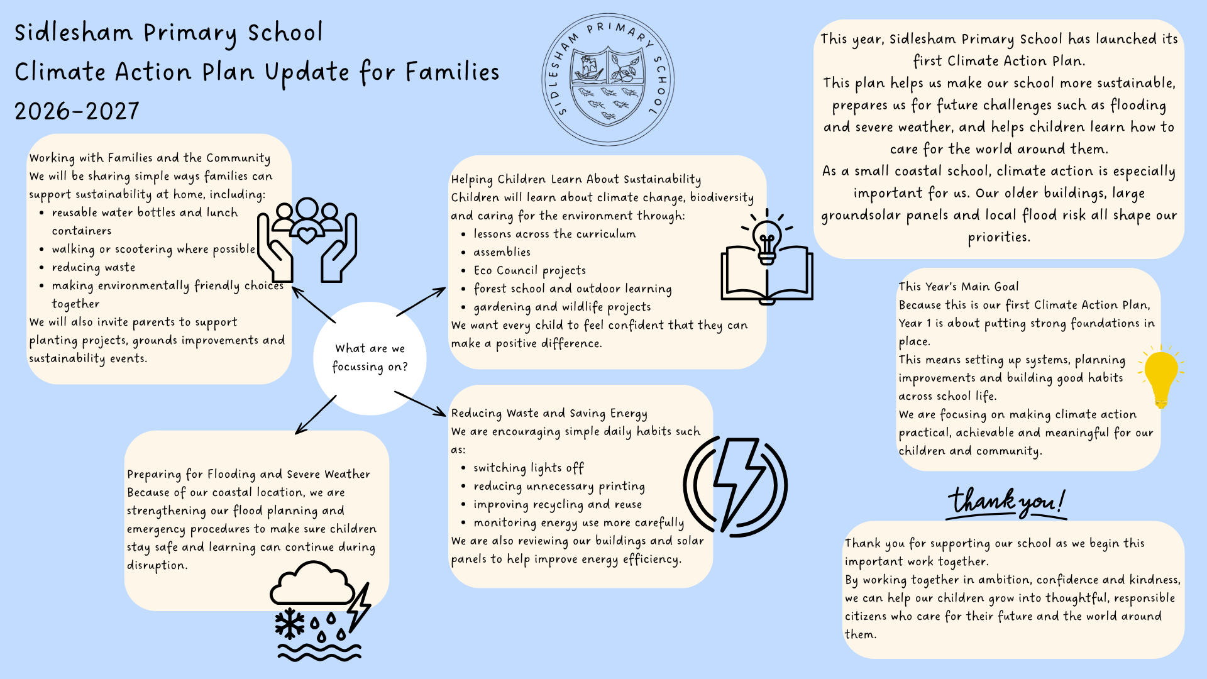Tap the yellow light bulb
[1160, 376]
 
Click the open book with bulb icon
[767, 261]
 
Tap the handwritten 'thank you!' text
[1006, 503]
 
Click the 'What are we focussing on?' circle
[370, 358]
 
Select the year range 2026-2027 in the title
[77, 112]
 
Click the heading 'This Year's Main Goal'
[958, 287]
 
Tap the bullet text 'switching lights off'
[528, 468]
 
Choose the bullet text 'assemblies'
[502, 252]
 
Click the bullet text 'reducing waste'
[93, 267]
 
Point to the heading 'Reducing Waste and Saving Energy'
[549, 413]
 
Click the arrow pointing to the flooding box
[316, 415]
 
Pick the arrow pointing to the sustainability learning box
[421, 302]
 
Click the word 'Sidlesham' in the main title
[74, 33]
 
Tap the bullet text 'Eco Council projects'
[529, 270]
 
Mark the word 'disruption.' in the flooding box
[157, 565]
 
